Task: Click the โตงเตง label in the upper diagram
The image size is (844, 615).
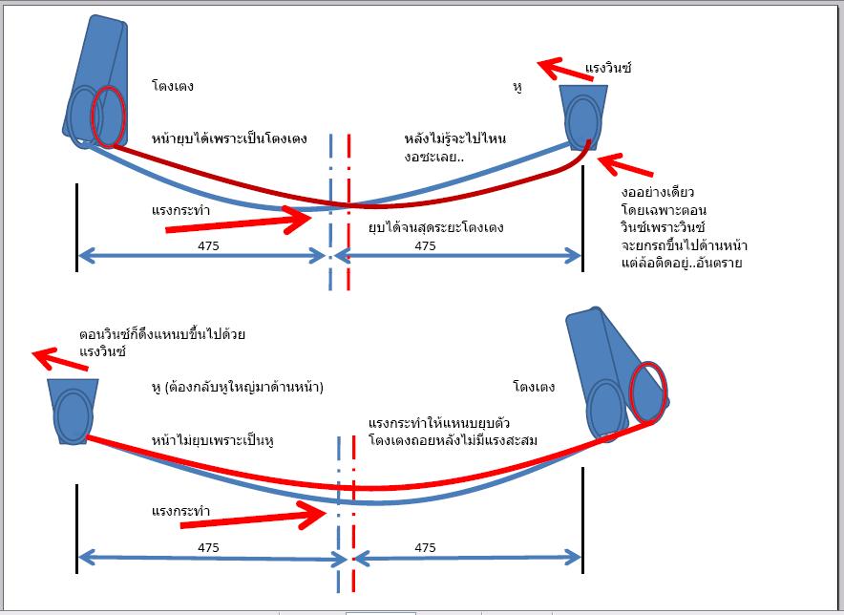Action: click(x=173, y=86)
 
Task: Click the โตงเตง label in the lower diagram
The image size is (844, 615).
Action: click(x=534, y=388)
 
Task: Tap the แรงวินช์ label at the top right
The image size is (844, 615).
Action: click(x=608, y=69)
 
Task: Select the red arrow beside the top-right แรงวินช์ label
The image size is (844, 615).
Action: click(x=559, y=70)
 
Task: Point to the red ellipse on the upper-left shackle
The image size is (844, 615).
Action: click(x=108, y=116)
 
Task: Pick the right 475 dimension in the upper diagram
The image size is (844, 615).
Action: click(x=426, y=245)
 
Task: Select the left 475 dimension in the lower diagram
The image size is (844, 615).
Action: click(x=209, y=547)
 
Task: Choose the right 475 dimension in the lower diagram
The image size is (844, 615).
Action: click(x=426, y=547)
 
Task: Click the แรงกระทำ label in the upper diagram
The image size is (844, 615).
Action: click(x=180, y=208)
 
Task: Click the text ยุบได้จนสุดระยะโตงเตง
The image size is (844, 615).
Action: click(x=435, y=227)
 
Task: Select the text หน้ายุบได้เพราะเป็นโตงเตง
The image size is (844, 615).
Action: click(x=229, y=138)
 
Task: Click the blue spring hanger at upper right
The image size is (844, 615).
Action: click(x=582, y=117)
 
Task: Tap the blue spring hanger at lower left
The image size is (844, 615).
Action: click(x=72, y=411)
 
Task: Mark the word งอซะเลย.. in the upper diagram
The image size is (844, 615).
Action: click(x=433, y=158)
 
